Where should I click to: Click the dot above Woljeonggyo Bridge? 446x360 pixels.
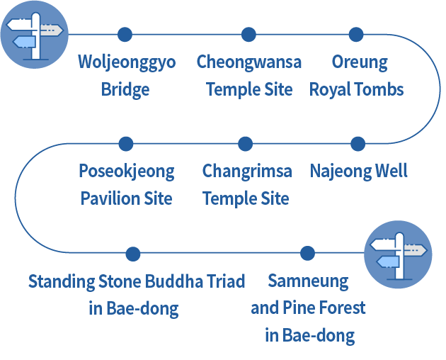coord(125,34)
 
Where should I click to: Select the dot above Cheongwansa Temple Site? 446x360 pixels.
coord(248,34)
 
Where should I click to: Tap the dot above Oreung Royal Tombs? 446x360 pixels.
coord(357,34)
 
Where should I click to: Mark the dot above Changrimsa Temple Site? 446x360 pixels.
coord(246,144)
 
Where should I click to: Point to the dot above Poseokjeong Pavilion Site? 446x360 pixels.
coord(126,144)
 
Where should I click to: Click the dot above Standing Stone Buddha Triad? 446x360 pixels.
coord(132,254)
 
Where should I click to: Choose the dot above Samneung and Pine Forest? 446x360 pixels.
coord(307,254)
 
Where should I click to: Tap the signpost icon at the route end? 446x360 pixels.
coord(398,254)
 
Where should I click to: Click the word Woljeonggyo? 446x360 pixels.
coord(126,62)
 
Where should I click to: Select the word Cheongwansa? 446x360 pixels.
coord(248,62)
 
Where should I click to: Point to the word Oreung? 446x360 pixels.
coord(360,62)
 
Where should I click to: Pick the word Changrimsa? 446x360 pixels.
coord(246,171)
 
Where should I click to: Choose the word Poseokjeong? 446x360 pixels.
coord(126,171)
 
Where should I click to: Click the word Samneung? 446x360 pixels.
coord(308,281)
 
